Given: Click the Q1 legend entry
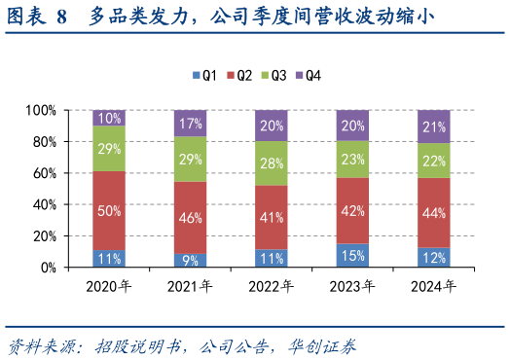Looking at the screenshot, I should [x=204, y=75].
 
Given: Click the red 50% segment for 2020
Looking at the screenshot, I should [x=110, y=211].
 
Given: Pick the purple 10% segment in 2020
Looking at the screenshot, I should [x=110, y=118].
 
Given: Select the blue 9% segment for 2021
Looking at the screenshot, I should [x=191, y=260].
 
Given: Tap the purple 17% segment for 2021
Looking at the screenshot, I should [x=191, y=124].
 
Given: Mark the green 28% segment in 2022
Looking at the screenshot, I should [x=273, y=163].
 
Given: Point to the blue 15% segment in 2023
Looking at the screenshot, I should [x=353, y=255].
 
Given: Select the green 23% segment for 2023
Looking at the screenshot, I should [x=353, y=160].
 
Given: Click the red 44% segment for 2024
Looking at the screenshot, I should [x=434, y=213].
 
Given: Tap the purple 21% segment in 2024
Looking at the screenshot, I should [x=434, y=126].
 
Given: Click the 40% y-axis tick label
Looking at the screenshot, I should [x=44, y=204].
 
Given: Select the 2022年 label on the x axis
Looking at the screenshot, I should [x=273, y=286].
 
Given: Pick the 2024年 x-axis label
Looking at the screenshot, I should [x=434, y=286].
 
